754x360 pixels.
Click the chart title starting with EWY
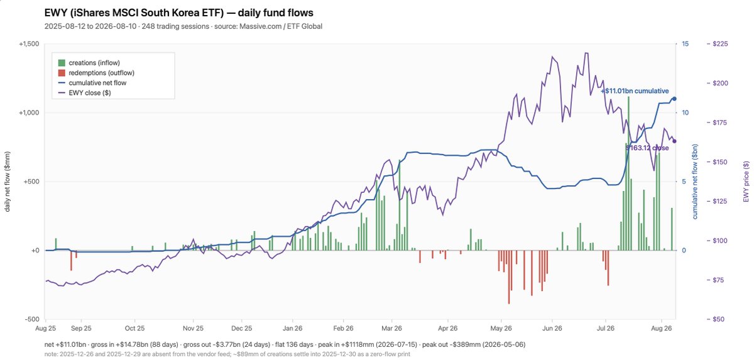point(178,13)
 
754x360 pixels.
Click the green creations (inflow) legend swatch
point(62,63)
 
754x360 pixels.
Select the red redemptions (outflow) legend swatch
point(62,73)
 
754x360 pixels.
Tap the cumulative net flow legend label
point(97,83)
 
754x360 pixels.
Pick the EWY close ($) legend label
point(90,93)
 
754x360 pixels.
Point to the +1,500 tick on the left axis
point(30,44)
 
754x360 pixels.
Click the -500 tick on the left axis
point(32,319)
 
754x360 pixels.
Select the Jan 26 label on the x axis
point(293,329)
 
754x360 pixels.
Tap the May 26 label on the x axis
point(501,329)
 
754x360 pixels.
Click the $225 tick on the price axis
point(720,44)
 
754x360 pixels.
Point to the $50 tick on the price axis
point(718,319)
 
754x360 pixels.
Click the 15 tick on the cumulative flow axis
point(686,44)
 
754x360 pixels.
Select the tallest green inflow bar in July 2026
point(628,173)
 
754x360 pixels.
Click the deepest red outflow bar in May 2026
point(508,277)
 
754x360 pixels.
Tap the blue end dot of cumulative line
point(674,99)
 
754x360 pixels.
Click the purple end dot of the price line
point(674,141)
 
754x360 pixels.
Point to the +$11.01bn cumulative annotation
point(635,91)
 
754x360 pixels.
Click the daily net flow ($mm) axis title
point(8,182)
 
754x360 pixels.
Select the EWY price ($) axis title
point(746,182)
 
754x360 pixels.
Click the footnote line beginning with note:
point(227,354)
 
